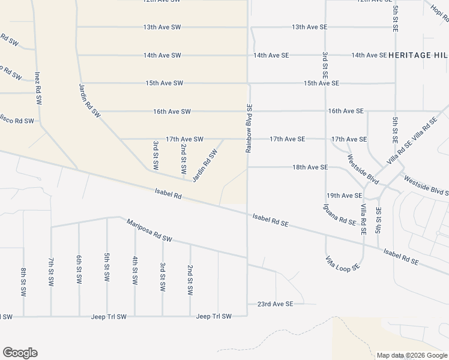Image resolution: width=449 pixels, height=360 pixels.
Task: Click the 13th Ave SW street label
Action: pyautogui.click(x=162, y=27)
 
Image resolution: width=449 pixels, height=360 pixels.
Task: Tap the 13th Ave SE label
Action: pyautogui.click(x=309, y=27)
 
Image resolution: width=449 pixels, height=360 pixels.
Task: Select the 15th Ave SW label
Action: pyautogui.click(x=164, y=83)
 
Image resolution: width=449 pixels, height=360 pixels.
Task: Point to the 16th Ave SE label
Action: pyautogui.click(x=346, y=111)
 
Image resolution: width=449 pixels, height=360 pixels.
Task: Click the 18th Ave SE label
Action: pyautogui.click(x=310, y=167)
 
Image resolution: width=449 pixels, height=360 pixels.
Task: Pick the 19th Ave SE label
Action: pyautogui.click(x=344, y=196)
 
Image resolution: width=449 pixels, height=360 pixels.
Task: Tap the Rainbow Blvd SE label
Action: pyautogui.click(x=249, y=128)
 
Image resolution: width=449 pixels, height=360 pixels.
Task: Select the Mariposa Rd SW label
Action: pyautogui.click(x=149, y=231)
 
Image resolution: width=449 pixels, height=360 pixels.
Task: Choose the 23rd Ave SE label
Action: pyautogui.click(x=275, y=304)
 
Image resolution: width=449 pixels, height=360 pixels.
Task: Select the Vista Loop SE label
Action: pyautogui.click(x=342, y=263)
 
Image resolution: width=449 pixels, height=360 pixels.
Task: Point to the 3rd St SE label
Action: pyautogui.click(x=325, y=65)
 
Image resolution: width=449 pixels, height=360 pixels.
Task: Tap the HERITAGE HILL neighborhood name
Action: pyautogui.click(x=418, y=55)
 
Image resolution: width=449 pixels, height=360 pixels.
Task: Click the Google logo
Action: pyautogui.click(x=20, y=353)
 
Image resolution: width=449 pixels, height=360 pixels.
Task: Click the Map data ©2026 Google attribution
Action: pyautogui.click(x=412, y=355)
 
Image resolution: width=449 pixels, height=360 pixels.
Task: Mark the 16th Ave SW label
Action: pyautogui.click(x=172, y=112)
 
